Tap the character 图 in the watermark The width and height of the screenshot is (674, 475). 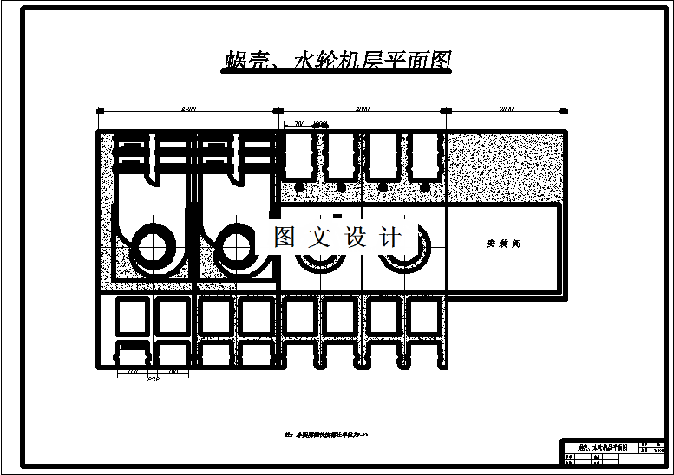pyautogui.click(x=285, y=237)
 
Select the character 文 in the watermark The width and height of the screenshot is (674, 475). pyautogui.click(x=320, y=237)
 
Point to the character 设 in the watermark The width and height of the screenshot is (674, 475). pyautogui.click(x=357, y=237)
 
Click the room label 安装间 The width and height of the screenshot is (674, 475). pyautogui.click(x=503, y=244)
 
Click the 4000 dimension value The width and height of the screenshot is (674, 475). pyautogui.click(x=363, y=109)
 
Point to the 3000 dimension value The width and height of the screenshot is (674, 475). pyautogui.click(x=507, y=109)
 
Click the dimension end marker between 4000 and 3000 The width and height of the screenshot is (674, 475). pyautogui.click(x=448, y=111)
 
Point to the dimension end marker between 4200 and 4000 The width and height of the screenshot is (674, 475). pyautogui.click(x=278, y=111)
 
